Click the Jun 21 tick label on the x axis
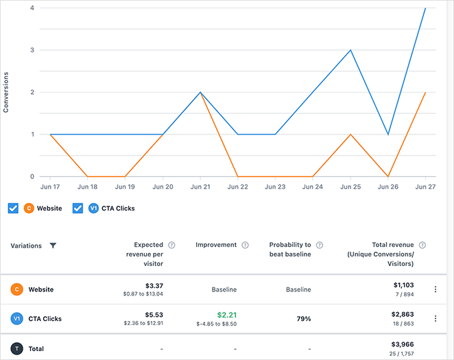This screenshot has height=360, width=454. point(200,187)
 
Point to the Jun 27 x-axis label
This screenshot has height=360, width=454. point(425,187)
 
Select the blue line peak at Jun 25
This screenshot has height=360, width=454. point(350,50)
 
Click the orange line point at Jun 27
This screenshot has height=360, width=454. point(425,93)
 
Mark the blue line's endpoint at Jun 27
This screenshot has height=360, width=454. point(425,8)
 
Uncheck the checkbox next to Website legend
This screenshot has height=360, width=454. point(13,208)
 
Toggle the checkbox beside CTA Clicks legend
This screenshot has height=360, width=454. point(77,208)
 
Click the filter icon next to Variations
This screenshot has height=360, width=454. point(53,245)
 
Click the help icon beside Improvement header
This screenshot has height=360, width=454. point(245,245)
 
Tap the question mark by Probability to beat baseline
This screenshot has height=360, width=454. point(319,245)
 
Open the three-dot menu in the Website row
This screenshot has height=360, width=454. point(435,289)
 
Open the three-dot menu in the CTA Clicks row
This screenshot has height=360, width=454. point(435,318)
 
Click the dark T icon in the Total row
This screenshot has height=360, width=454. point(16,348)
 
